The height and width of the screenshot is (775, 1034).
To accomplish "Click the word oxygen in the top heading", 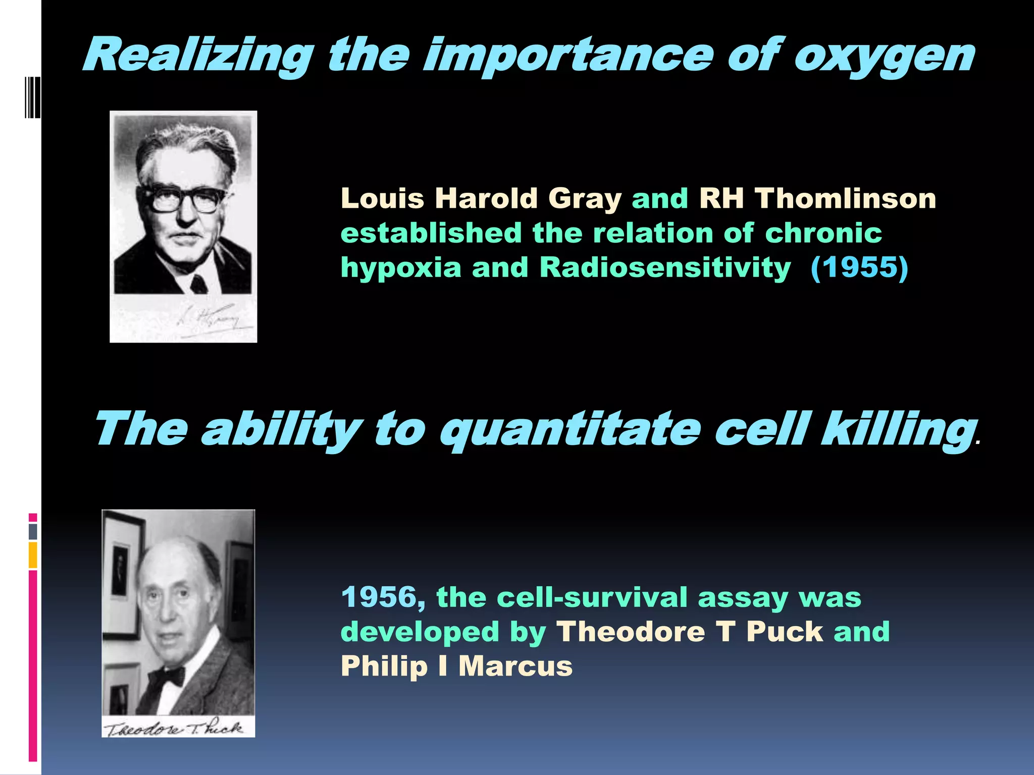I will click(x=884, y=57).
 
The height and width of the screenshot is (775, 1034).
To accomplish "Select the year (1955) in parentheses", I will click(x=859, y=267).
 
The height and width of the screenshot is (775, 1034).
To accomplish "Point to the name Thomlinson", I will click(x=845, y=198).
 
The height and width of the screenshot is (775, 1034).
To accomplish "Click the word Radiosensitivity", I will click(x=665, y=267).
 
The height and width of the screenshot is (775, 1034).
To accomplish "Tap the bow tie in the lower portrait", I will click(x=167, y=677).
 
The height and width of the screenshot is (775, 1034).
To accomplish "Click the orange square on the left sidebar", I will click(x=33, y=555).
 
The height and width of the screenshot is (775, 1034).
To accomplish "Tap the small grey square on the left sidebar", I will click(x=33, y=531).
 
